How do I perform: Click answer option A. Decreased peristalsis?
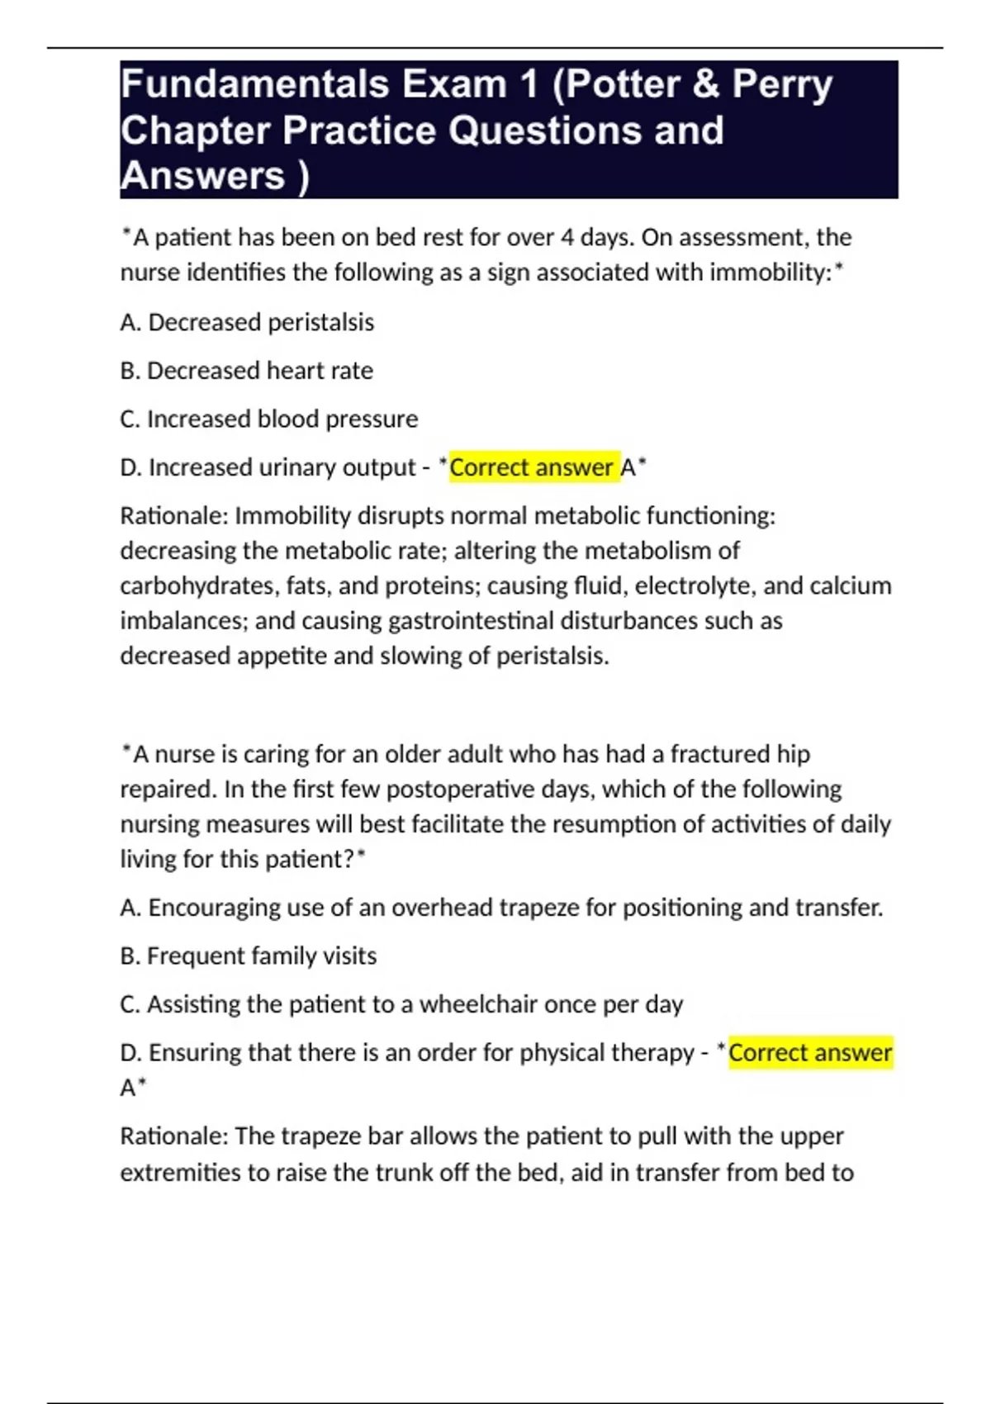[x=247, y=322]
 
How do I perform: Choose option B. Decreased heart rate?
[x=246, y=371]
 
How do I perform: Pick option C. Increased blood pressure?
[x=269, y=420]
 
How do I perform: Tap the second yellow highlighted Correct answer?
[x=809, y=1052]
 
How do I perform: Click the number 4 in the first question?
[x=567, y=238]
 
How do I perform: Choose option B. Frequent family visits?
[x=248, y=956]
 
